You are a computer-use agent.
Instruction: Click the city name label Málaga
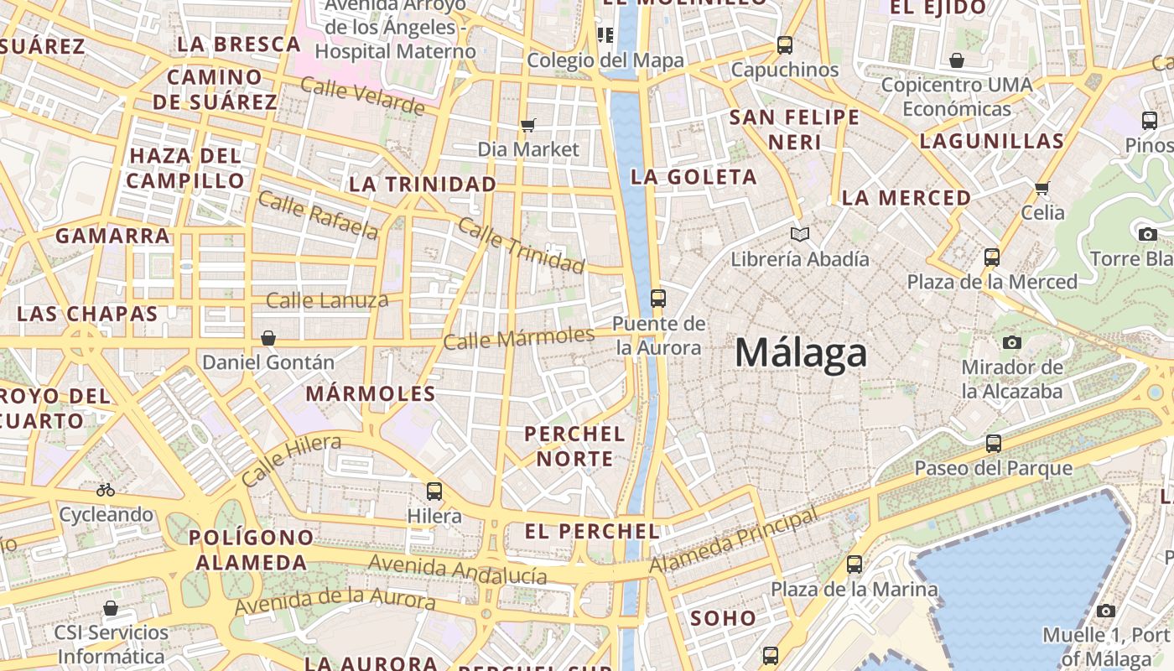801,353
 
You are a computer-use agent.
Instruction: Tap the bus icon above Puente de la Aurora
658,298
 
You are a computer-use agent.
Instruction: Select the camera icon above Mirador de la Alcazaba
1012,342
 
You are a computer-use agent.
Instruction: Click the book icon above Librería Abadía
800,235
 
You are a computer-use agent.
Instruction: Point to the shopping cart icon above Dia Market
527,125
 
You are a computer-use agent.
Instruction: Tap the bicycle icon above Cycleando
106,490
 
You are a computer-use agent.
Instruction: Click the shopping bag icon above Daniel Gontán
268,338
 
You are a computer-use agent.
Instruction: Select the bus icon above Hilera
434,492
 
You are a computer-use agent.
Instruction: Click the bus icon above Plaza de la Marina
855,564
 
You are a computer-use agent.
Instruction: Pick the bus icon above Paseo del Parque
994,443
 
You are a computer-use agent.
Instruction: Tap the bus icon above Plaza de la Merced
992,257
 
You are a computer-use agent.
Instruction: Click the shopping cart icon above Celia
1042,188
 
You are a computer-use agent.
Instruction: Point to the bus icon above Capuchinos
785,45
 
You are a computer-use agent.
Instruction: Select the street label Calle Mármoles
518,338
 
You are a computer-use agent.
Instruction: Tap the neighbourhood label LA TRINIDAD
422,184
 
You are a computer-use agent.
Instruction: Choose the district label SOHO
723,618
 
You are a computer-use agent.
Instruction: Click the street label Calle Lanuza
327,299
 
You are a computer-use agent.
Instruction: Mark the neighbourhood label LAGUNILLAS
991,141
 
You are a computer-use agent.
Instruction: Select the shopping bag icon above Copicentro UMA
957,60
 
